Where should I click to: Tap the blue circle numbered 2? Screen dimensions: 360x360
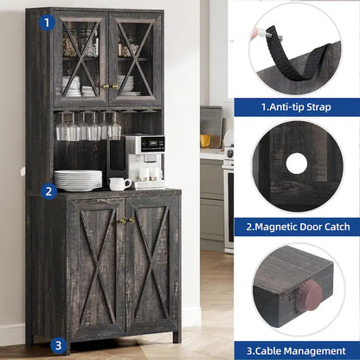click(x=49, y=191)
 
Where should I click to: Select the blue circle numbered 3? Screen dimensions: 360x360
click(x=58, y=344)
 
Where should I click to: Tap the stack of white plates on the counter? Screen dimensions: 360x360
click(x=78, y=180)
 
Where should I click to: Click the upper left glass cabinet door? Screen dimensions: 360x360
click(x=80, y=59)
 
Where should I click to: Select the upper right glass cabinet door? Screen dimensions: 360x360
click(x=135, y=59)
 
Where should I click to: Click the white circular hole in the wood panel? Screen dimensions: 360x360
click(x=297, y=163)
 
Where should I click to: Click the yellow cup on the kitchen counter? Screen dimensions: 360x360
click(x=206, y=140)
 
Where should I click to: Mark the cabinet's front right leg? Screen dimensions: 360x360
click(x=177, y=335)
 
